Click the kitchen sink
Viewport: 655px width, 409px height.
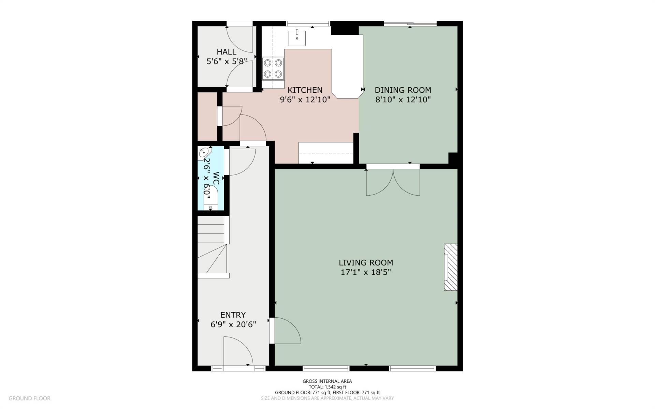pos(297,38)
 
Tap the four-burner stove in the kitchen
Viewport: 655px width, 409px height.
pos(273,68)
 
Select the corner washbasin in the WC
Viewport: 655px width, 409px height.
pos(205,153)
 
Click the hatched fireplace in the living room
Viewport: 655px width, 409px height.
pos(450,267)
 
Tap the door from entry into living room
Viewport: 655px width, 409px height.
pos(286,331)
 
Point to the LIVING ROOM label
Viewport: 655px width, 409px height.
pos(366,262)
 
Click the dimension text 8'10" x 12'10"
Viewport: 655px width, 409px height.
pos(403,100)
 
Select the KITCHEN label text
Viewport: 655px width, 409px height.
pos(305,90)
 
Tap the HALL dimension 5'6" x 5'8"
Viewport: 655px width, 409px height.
pos(227,61)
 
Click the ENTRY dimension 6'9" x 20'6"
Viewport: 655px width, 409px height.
pos(233,324)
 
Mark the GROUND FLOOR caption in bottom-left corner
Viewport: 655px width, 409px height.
pos(30,398)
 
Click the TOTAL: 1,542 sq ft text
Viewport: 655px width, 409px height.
pos(327,387)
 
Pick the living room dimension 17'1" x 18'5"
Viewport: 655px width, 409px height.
pos(366,272)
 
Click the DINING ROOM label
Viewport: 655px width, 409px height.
pos(403,90)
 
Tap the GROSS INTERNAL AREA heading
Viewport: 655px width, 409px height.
pos(327,381)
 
